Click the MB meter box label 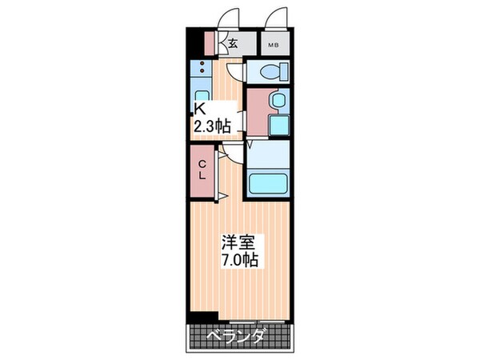click(273, 45)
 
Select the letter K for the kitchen click(197, 111)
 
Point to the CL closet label click(203, 170)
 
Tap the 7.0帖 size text click(239, 262)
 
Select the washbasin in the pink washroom click(278, 101)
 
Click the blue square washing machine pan click(278, 126)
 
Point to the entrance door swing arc click(231, 16)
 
